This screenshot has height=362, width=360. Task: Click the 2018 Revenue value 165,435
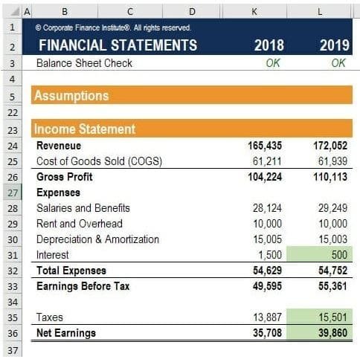click(265, 146)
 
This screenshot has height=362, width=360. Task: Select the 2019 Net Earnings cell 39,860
click(319, 333)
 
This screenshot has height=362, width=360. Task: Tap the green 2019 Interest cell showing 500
click(319, 254)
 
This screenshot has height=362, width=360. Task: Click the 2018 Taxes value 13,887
click(267, 317)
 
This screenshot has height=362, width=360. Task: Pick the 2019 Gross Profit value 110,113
click(330, 177)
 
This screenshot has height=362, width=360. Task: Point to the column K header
click(254, 11)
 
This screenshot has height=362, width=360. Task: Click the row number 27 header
click(13, 193)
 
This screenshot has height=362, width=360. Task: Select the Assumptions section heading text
click(71, 96)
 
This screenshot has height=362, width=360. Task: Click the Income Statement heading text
click(85, 129)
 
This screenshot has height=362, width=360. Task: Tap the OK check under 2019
click(338, 63)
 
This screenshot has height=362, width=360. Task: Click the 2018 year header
click(269, 45)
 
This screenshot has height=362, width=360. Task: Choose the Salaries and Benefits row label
click(83, 208)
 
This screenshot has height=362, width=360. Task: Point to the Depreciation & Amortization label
click(97, 239)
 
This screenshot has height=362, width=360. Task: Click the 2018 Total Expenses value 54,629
click(267, 271)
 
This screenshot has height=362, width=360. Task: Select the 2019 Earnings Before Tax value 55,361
click(332, 286)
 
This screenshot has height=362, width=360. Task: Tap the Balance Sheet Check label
click(84, 63)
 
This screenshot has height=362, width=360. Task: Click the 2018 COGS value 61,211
click(267, 161)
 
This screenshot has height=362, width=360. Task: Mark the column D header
click(192, 11)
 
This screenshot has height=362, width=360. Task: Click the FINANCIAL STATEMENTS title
click(118, 45)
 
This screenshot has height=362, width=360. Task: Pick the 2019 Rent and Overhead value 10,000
click(332, 224)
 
